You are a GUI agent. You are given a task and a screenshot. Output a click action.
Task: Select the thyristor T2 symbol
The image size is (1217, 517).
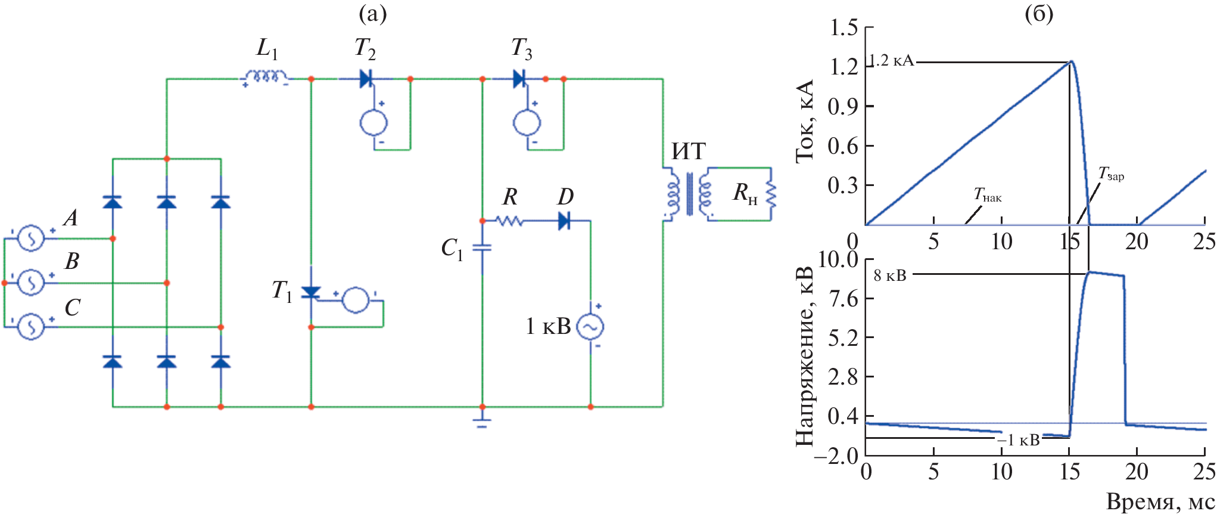[366, 79]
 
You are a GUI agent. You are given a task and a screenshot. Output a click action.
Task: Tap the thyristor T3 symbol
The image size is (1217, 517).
[519, 79]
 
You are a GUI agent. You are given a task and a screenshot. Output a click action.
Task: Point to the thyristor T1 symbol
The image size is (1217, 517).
[311, 292]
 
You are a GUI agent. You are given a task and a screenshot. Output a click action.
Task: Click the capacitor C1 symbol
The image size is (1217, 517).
[482, 247]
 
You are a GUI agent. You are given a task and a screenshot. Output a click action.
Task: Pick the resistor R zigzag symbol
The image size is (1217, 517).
[509, 221]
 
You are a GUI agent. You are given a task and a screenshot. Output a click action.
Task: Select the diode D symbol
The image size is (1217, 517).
[564, 221]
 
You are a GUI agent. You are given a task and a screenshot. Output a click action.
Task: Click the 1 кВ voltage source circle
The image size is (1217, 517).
[590, 326]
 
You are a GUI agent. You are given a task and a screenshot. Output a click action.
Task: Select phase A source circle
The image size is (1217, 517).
[30, 239]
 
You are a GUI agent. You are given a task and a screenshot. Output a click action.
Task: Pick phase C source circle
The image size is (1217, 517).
[30, 327]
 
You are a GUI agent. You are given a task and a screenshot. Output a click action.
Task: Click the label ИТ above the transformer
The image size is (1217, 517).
[689, 151]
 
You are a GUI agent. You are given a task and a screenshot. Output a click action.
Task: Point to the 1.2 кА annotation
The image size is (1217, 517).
[891, 61]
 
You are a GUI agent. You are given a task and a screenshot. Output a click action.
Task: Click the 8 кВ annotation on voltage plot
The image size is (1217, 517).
[890, 275]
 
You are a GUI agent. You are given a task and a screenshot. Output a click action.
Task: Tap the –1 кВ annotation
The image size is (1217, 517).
[1019, 440]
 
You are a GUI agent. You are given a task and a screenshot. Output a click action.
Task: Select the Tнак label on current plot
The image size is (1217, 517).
[987, 195]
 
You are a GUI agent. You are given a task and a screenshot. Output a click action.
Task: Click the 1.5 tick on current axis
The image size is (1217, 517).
[844, 27]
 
